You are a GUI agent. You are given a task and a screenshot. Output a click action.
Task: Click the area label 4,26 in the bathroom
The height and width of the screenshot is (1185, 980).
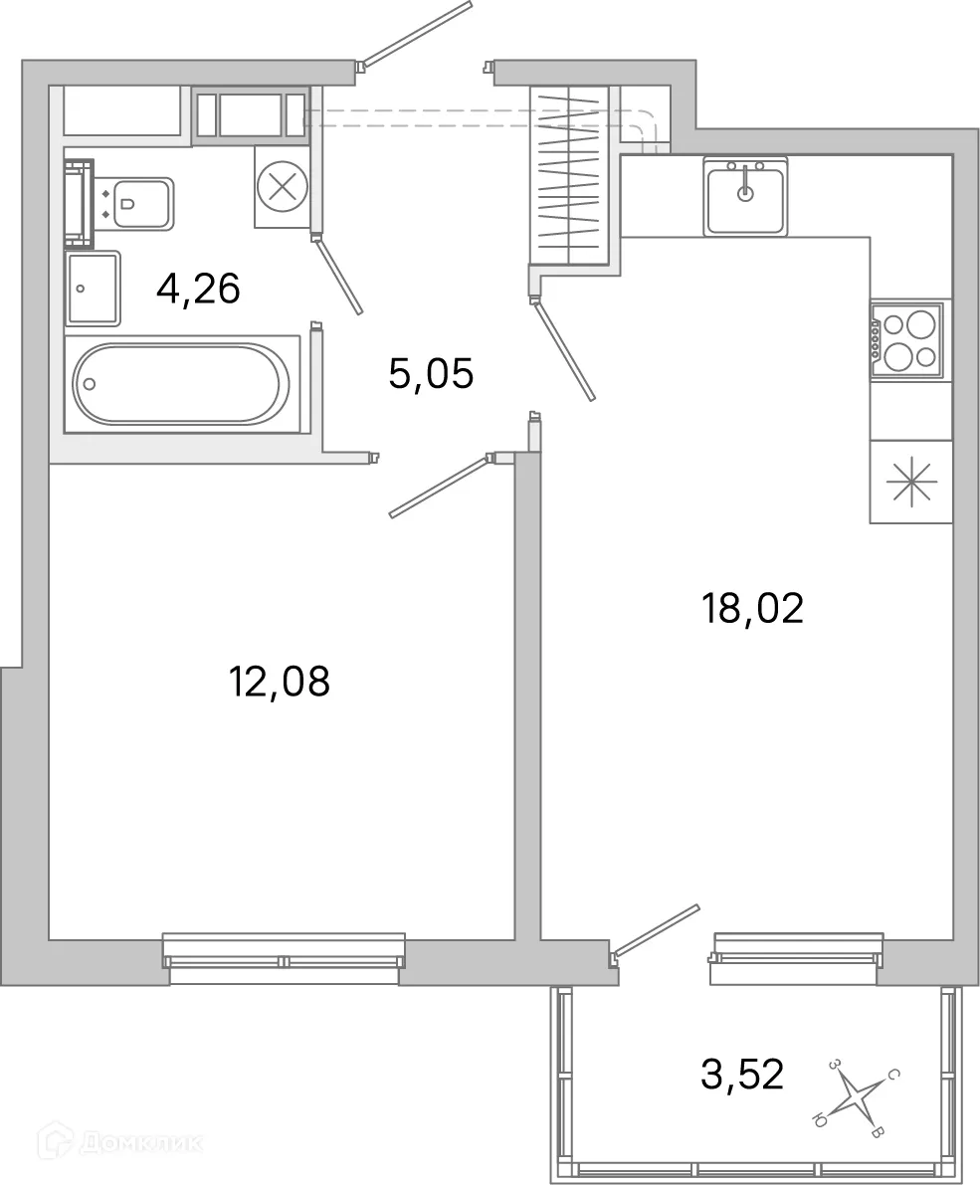tap(198, 290)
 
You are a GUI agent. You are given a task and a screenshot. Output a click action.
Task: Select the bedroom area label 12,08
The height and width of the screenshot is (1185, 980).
tap(279, 683)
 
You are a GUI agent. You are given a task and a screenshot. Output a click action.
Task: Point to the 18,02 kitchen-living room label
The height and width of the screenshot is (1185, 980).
tap(752, 608)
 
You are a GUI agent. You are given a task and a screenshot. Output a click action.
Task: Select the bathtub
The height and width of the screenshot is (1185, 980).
tap(182, 384)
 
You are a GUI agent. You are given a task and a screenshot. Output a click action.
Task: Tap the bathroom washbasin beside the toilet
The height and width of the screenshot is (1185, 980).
tap(93, 289)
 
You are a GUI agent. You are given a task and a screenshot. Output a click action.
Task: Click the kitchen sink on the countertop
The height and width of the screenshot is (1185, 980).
tap(744, 195)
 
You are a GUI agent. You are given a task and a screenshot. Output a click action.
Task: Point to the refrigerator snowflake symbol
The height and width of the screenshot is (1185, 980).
tap(911, 482)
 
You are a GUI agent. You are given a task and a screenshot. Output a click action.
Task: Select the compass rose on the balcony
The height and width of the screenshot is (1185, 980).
tap(857, 1097)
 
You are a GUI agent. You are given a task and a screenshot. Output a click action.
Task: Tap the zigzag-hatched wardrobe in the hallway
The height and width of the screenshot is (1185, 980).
tap(570, 175)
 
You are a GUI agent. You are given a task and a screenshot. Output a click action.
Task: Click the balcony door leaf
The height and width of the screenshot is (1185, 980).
tap(657, 929)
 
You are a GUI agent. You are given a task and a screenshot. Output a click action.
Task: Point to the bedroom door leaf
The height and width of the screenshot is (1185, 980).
tap(439, 487)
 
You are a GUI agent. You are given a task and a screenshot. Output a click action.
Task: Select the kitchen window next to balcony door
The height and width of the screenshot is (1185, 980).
tap(797, 958)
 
